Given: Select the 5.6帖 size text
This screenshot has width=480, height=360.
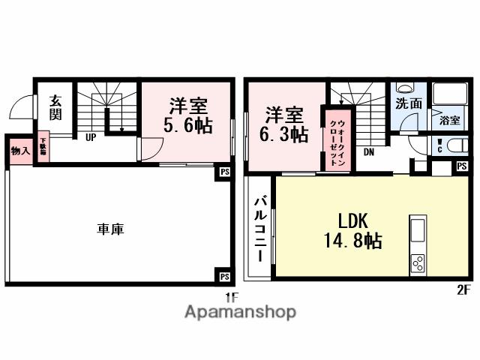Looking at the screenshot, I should tap(187, 125).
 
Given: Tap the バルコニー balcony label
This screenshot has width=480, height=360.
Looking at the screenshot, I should tap(260, 228).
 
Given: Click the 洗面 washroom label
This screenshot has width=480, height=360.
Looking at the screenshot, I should tap(409, 104).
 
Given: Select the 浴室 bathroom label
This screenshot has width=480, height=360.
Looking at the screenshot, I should tap(449, 120).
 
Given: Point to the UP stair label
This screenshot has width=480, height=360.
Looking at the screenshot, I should tap(90, 137).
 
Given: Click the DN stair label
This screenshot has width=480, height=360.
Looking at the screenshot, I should tap(370, 152).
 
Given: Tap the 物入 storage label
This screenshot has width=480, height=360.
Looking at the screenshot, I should tap(20, 150).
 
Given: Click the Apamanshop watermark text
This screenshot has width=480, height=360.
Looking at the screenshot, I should tap(241, 312).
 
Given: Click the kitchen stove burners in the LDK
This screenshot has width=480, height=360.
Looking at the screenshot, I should tap(418, 262).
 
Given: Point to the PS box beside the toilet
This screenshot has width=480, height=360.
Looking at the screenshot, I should tap(461, 166).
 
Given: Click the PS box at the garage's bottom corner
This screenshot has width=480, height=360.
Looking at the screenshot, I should tap(224, 275).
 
